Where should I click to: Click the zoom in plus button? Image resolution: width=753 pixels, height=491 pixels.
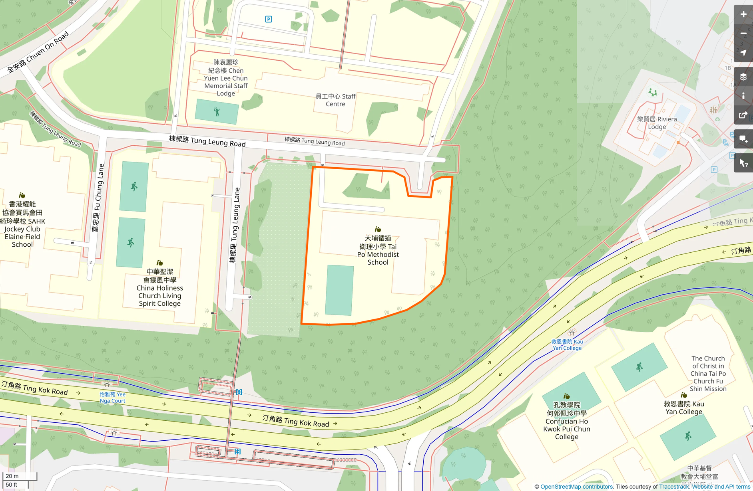coord(743,14)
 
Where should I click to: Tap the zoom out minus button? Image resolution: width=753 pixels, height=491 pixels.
coord(743,34)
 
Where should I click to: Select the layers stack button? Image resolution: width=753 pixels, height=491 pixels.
coord(743,77)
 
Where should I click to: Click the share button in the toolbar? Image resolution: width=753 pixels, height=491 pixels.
coord(743,115)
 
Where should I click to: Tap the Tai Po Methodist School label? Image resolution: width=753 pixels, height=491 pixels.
coord(378,250)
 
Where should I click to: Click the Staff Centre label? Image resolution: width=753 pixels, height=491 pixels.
coord(335,100)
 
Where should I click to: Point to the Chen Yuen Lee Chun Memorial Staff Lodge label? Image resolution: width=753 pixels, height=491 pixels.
coord(226,78)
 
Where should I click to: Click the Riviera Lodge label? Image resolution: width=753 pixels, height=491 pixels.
coord(657,123)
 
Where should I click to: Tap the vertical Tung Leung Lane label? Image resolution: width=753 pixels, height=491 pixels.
coord(235,225)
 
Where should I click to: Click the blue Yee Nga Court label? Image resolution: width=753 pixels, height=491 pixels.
coord(113,398)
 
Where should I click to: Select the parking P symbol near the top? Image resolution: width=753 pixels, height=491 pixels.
coord(269,19)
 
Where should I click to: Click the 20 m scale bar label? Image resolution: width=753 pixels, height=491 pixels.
coord(12,476)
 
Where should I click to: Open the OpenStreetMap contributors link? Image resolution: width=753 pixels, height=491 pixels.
coord(576,487)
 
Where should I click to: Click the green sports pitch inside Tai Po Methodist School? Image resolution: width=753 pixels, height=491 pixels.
coord(339,290)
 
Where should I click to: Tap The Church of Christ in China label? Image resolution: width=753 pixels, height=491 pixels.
coord(708,373)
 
